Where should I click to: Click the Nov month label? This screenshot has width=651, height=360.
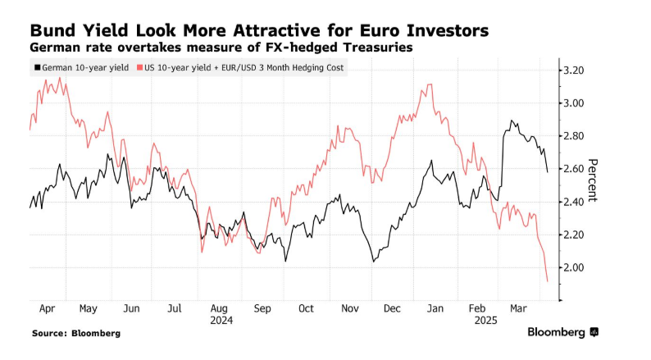click(349, 308)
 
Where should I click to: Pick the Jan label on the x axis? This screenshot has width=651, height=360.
click(435, 308)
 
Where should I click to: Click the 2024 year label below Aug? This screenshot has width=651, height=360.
click(221, 321)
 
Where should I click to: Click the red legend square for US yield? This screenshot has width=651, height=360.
click(140, 67)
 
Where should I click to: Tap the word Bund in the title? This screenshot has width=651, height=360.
click(55, 30)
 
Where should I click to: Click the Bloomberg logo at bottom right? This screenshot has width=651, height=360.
click(562, 332)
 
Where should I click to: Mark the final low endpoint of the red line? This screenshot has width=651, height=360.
click(547, 281)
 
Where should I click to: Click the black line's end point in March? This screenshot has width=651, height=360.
click(547, 171)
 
